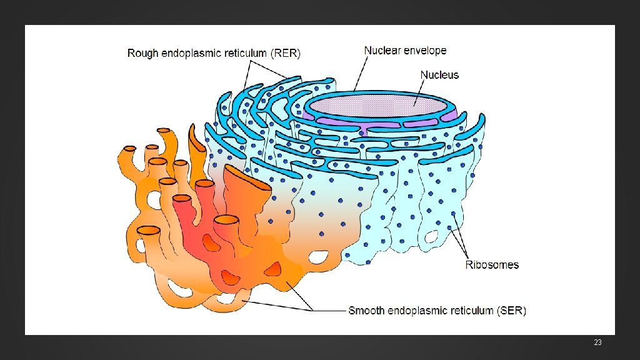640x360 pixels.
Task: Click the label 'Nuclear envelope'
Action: (405, 50)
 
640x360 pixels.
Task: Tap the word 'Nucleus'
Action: (439, 75)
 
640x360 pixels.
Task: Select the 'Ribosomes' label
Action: (492, 265)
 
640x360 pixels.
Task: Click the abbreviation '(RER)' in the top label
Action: (285, 54)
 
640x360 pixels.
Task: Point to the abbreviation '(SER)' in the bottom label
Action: (511, 311)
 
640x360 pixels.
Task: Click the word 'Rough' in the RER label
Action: (142, 54)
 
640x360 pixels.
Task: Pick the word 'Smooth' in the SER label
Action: (366, 311)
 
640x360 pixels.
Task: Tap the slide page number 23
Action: (597, 343)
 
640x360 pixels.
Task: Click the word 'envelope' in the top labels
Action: (425, 50)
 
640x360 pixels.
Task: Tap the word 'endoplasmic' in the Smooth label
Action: (417, 311)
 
